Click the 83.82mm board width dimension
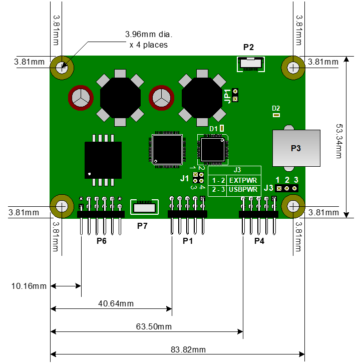[x=188, y=349]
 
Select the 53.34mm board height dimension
[x=339, y=141]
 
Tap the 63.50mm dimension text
[x=154, y=326]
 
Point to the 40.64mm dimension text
[x=116, y=303]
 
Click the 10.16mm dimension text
[x=29, y=286]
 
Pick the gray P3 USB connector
[x=296, y=148]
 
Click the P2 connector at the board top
[x=251, y=64]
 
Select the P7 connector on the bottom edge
[x=144, y=207]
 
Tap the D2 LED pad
[x=276, y=115]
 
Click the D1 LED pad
[x=222, y=128]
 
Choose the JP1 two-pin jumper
[x=235, y=95]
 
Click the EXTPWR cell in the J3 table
[x=243, y=180]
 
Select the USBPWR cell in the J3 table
[x=243, y=189]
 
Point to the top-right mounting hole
[x=293, y=68]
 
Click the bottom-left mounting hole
[x=62, y=206]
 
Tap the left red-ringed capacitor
[x=81, y=98]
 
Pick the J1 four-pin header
[x=198, y=177]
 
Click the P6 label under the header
[x=102, y=241]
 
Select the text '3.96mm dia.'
[x=149, y=34]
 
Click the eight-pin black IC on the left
[x=103, y=160]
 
